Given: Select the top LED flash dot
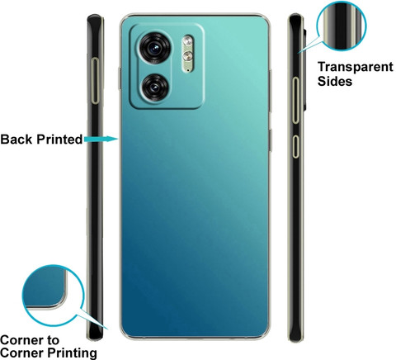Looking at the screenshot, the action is click(188, 41).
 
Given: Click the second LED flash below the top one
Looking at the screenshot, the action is click(188, 55).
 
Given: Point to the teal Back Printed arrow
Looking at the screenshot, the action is click(101, 139).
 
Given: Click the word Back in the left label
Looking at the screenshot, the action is click(16, 140).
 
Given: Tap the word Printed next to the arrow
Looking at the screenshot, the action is click(59, 140).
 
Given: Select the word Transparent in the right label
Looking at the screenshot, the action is click(356, 67).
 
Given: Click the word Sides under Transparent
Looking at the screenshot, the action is click(335, 82).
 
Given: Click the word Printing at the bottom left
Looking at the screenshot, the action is click(73, 353).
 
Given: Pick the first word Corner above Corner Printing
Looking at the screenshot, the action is click(21, 340).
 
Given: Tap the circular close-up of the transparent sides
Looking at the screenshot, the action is click(342, 26).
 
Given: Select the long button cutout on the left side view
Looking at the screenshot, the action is click(96, 81).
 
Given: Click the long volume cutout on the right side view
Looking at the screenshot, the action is click(295, 100).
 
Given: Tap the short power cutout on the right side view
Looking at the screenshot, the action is click(295, 146).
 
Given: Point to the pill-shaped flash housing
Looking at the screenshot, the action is click(188, 54).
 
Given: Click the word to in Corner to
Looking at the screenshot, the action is click(53, 341).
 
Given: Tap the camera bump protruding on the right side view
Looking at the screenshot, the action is click(304, 69).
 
